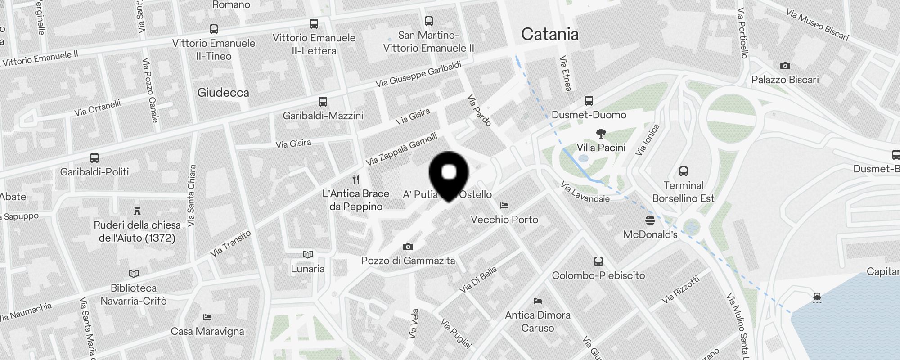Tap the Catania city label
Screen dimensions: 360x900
(549, 34)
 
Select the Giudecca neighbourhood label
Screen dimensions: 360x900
(223, 93)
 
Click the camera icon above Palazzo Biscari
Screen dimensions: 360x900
(785, 66)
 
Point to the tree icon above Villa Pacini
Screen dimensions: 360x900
(601, 133)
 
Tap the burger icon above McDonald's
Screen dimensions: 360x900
(650, 220)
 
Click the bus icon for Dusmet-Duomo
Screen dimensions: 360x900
(589, 101)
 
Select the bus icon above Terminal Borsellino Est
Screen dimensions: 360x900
(683, 171)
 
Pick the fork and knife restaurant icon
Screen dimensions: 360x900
(356, 180)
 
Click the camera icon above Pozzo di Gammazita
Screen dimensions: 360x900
(408, 247)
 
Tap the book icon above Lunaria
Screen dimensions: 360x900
(307, 255)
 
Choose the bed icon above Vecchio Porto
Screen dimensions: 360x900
(504, 206)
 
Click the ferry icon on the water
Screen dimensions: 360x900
(817, 297)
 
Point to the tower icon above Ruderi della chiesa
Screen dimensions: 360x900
(137, 211)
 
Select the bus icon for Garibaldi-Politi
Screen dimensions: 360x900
(94, 158)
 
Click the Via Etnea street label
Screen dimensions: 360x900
(565, 73)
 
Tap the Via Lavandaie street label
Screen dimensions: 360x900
(585, 192)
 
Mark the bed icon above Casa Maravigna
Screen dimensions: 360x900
(207, 317)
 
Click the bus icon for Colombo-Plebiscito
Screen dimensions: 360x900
(598, 261)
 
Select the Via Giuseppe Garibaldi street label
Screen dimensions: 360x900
(418, 74)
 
